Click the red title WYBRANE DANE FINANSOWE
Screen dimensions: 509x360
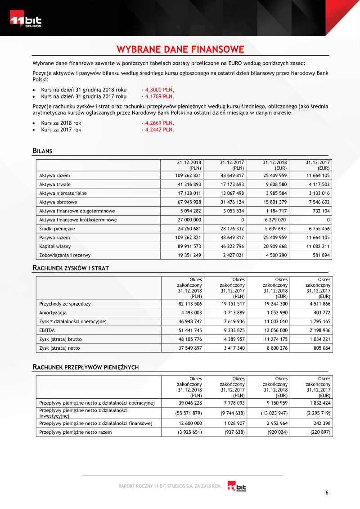180,49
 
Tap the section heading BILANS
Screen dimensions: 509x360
42,151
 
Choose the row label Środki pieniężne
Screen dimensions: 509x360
57,229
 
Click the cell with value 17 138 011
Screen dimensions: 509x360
189,193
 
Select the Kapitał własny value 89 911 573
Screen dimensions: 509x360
189,246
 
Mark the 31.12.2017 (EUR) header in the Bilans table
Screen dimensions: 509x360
318,165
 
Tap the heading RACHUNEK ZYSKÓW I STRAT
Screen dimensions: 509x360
71,268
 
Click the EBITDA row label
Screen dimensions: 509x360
47,330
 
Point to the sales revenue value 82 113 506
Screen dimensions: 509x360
189,304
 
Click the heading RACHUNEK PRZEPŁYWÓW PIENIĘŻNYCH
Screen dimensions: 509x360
85,367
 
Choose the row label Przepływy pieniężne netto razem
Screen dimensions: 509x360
76,432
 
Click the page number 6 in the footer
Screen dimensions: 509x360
327,493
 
